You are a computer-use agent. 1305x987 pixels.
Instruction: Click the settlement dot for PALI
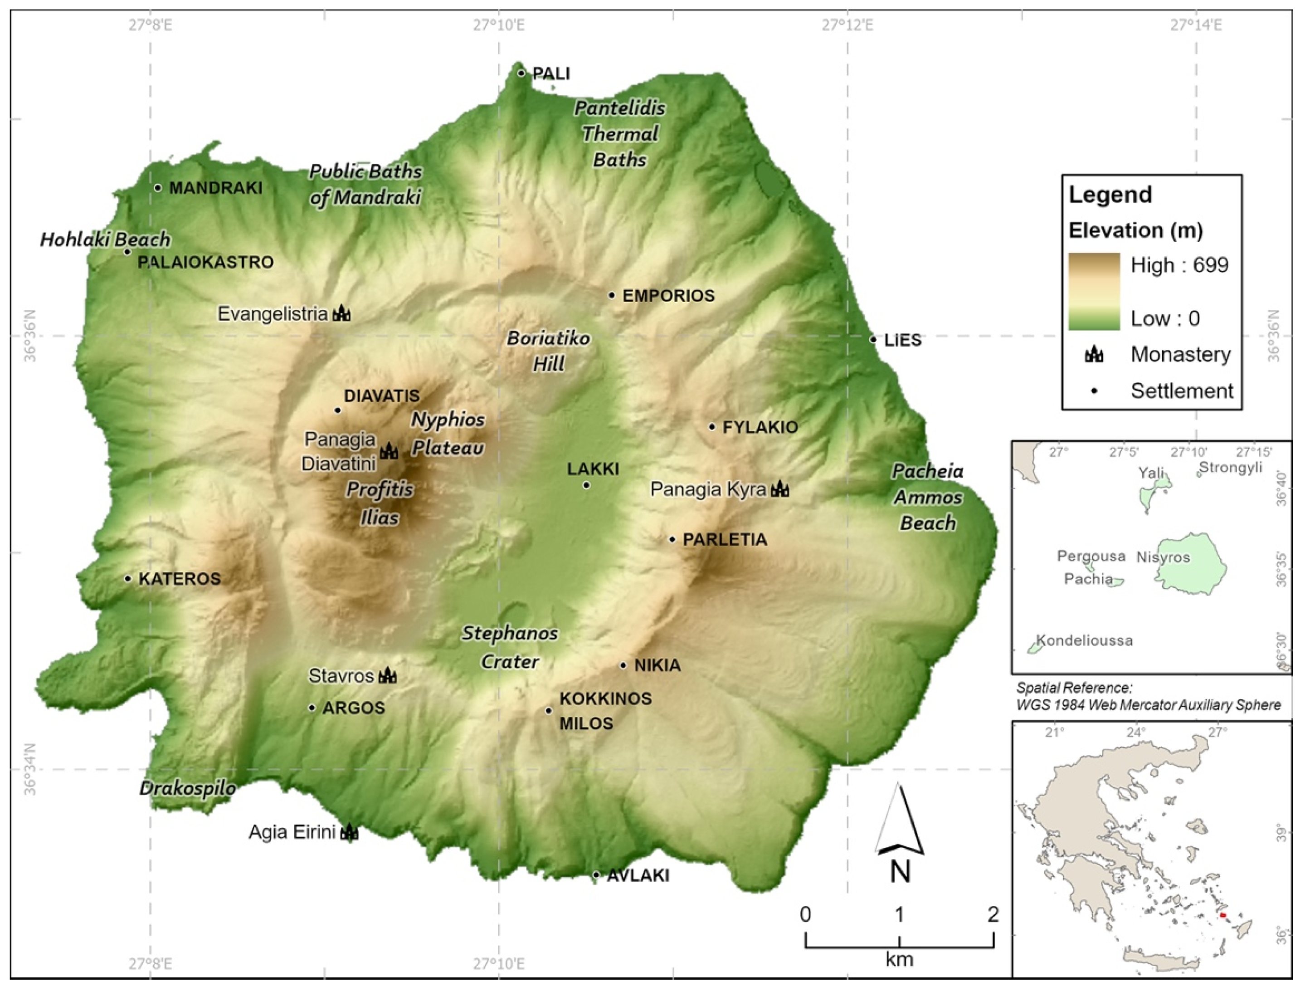pyautogui.click(x=521, y=73)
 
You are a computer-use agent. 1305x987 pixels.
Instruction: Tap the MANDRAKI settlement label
pyautogui.click(x=215, y=188)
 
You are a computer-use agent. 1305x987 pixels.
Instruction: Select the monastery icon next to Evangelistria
pyautogui.click(x=341, y=313)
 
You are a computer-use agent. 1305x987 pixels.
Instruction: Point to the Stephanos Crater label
pyautogui.click(x=510, y=647)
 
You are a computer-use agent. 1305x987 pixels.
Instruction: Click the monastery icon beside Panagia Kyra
pyautogui.click(x=780, y=489)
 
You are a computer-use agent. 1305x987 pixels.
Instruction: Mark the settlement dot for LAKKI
pyautogui.click(x=586, y=485)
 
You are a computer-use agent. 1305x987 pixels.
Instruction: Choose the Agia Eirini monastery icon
pyautogui.click(x=349, y=832)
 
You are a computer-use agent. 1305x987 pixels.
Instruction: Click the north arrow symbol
pyautogui.click(x=899, y=821)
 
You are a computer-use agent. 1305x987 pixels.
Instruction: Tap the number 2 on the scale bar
pyautogui.click(x=993, y=914)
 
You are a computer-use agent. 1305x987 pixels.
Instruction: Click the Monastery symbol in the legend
pyautogui.click(x=1095, y=354)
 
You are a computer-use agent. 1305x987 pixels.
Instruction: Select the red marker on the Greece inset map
pyautogui.click(x=1223, y=915)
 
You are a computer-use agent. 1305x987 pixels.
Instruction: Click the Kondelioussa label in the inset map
pyautogui.click(x=1084, y=640)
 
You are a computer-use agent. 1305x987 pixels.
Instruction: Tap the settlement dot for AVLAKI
pyautogui.click(x=596, y=875)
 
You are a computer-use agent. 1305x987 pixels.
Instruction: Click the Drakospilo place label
pyautogui.click(x=188, y=788)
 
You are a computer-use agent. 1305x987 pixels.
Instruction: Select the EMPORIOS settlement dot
pyautogui.click(x=612, y=295)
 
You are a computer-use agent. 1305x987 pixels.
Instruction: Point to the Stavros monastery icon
pyautogui.click(x=388, y=675)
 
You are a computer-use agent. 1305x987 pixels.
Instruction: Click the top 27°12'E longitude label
pyautogui.click(x=847, y=25)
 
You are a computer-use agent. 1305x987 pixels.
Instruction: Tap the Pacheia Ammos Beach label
pyautogui.click(x=927, y=497)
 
